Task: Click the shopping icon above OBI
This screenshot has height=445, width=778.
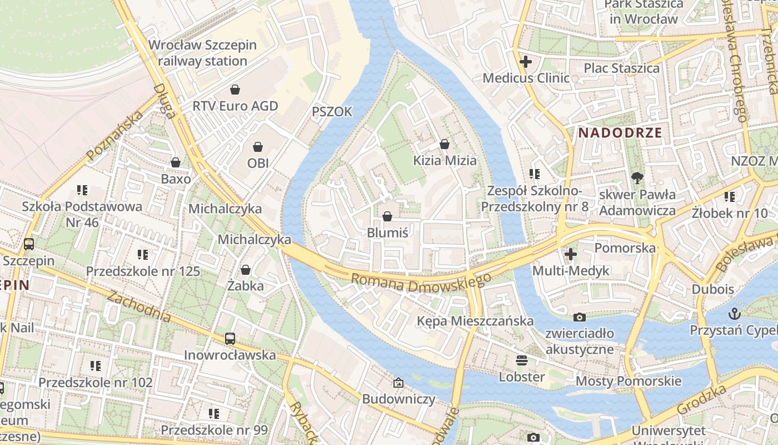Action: [258, 147]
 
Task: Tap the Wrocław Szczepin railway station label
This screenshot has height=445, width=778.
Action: [203, 53]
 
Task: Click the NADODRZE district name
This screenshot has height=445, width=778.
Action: [620, 132]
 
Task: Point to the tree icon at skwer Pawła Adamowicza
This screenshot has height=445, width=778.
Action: [637, 178]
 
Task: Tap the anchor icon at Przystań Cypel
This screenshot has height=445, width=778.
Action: [735, 314]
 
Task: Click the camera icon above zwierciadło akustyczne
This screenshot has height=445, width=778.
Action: [580, 317]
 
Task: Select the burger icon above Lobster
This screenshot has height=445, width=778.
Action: [521, 360]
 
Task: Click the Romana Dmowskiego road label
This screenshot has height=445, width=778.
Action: [421, 281]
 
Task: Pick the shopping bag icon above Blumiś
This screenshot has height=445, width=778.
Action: [387, 216]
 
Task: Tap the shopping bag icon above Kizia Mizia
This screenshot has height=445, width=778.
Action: [445, 144]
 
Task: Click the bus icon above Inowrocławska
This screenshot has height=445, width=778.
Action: [230, 338]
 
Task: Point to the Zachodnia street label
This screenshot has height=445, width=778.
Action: [138, 306]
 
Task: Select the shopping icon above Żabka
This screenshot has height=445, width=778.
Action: [245, 270]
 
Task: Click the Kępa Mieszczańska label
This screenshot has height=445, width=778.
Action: [475, 321]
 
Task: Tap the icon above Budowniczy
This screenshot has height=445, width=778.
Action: [398, 383]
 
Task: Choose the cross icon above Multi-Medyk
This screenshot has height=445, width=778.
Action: [571, 254]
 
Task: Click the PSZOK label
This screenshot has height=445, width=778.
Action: [332, 112]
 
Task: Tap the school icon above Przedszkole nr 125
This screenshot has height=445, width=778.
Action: [143, 255]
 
